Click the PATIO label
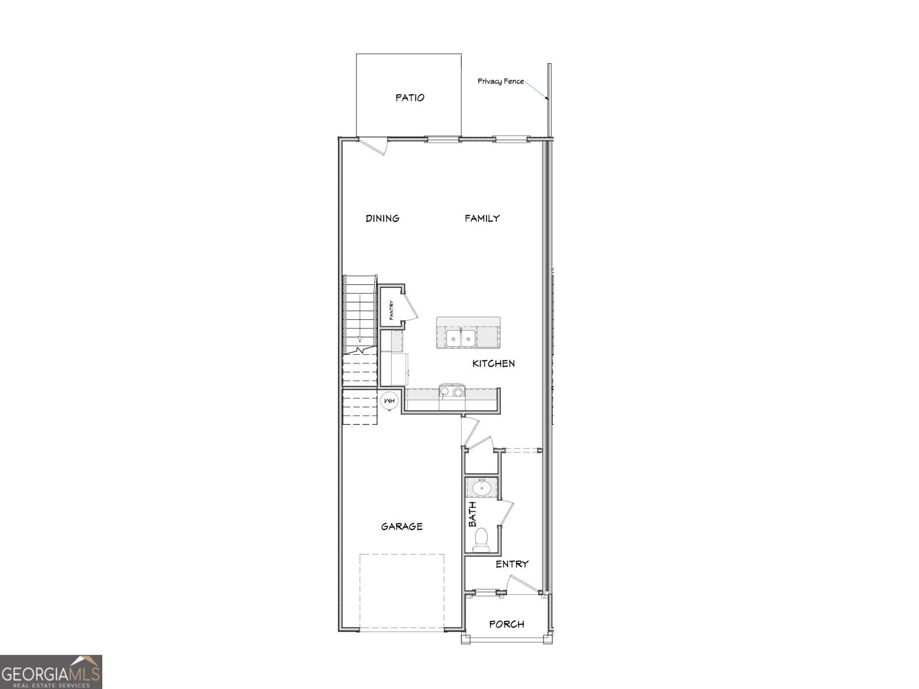click(x=410, y=98)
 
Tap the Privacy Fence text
click(x=500, y=82)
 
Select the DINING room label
click(x=383, y=218)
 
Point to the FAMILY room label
click(x=482, y=218)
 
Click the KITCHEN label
click(x=493, y=363)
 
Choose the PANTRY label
click(x=391, y=311)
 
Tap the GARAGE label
click(x=401, y=526)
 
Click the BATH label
click(x=472, y=514)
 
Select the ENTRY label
click(x=512, y=564)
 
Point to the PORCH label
click(x=507, y=624)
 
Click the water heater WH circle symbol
click(x=389, y=401)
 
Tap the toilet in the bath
click(x=481, y=540)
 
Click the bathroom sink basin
click(x=481, y=489)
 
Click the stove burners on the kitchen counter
click(x=451, y=392)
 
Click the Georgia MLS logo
click(x=51, y=672)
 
